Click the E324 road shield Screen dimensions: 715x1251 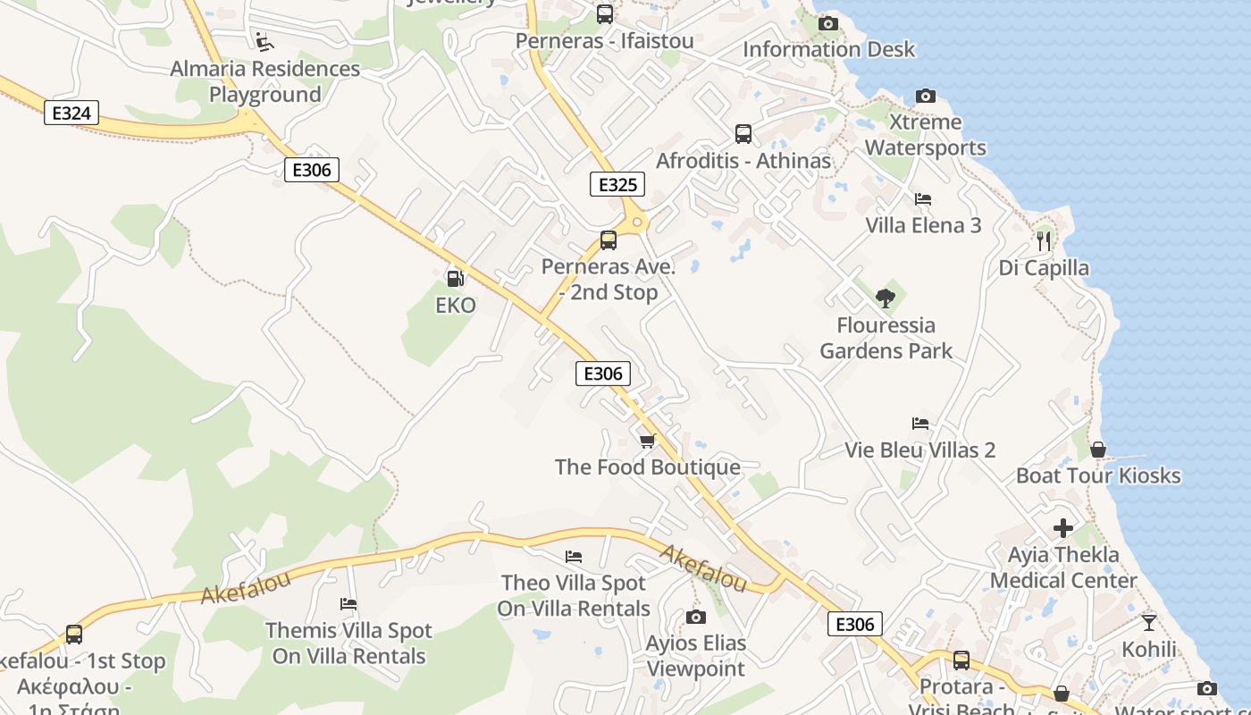[x=71, y=113]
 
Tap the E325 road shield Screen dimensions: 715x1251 [x=617, y=185]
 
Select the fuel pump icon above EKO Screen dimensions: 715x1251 [x=455, y=279]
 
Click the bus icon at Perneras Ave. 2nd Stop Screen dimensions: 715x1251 [x=609, y=240]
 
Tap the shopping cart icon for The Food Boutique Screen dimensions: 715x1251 [x=648, y=441]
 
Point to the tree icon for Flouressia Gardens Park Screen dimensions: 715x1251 [x=886, y=299]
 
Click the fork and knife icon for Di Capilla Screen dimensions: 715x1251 [x=1043, y=240]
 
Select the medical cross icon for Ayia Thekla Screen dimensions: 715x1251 [x=1063, y=528]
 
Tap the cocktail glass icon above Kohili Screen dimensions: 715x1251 [x=1149, y=622]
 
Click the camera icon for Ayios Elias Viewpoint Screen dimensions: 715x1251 [x=696, y=617]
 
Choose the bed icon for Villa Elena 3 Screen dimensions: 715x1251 [x=923, y=198]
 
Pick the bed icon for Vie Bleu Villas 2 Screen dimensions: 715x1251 [x=920, y=424]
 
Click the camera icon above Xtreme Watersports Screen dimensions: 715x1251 [x=926, y=96]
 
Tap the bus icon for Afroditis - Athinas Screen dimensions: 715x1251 [x=743, y=134]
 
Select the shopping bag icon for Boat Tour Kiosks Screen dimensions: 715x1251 [x=1098, y=450]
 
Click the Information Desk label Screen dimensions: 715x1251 [x=829, y=49]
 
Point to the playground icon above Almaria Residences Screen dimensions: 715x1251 [x=264, y=41]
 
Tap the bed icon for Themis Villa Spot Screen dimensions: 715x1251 [x=348, y=604]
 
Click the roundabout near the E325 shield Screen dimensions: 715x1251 [x=637, y=222]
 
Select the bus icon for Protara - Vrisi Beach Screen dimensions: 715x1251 [x=961, y=660]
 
